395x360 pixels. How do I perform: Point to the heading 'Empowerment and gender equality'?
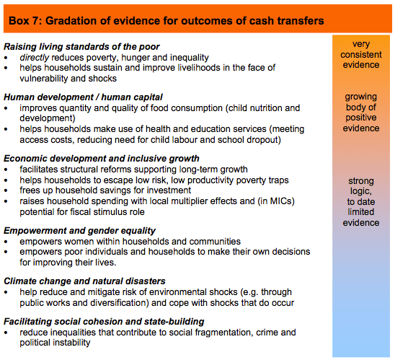(x=79, y=231)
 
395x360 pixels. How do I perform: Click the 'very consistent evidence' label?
(x=361, y=55)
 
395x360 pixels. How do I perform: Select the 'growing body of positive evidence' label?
(x=361, y=113)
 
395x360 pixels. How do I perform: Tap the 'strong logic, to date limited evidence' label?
(x=361, y=201)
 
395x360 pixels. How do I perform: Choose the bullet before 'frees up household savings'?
(x=7, y=190)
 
